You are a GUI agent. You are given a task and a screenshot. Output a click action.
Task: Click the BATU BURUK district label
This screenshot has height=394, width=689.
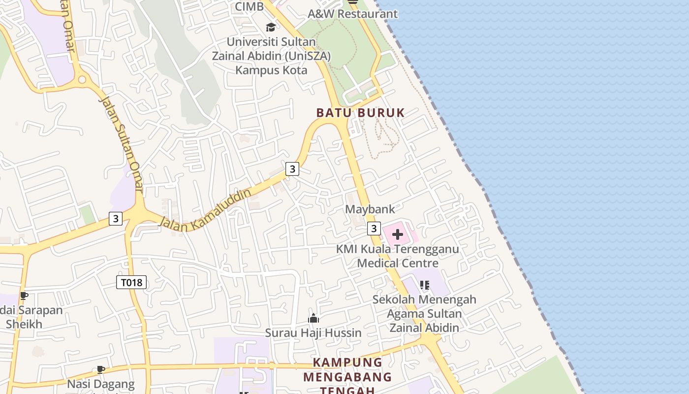tap(360, 113)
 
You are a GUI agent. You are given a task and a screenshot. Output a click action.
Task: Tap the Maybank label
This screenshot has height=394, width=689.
tap(370, 209)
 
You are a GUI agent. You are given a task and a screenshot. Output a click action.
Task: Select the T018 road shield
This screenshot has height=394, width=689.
tap(131, 282)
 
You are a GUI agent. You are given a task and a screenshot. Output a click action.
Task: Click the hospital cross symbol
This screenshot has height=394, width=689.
tap(398, 234)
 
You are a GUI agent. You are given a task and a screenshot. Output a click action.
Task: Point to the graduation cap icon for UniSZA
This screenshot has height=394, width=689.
tap(271, 27)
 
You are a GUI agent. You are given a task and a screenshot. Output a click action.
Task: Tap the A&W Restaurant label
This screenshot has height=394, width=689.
tap(352, 14)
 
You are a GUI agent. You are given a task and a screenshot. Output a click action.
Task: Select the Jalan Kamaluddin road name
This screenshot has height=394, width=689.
tap(205, 209)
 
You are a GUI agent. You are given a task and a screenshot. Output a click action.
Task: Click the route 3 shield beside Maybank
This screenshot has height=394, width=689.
tap(374, 229)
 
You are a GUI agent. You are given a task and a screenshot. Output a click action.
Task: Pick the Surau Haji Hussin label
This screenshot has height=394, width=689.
tap(313, 333)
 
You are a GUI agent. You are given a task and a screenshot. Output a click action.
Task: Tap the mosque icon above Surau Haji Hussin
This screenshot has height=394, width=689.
tap(313, 319)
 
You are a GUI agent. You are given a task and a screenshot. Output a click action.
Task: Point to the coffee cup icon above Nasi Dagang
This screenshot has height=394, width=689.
tap(100, 369)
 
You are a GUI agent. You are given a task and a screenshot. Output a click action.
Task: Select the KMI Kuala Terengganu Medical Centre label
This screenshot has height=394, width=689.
tap(398, 256)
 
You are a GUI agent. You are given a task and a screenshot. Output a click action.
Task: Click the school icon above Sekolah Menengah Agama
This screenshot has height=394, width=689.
tap(425, 285)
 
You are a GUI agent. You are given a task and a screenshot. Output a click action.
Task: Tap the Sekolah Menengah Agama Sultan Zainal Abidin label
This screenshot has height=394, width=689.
tap(424, 314)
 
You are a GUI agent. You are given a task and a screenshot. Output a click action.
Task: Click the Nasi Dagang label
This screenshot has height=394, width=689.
tap(101, 384)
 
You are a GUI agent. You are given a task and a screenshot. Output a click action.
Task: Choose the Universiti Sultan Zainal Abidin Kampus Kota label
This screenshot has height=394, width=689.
tap(271, 56)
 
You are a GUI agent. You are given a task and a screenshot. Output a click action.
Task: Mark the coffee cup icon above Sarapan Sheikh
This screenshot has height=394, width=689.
tap(24, 295)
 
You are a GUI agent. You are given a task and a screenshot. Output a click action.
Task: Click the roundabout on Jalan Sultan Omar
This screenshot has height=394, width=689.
tap(82, 79)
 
